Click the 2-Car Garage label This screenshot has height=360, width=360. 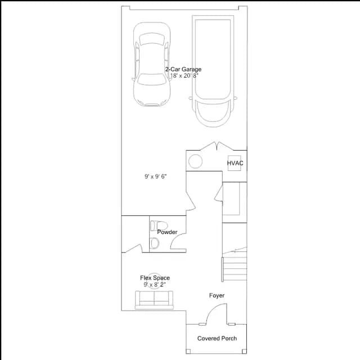point(183,69)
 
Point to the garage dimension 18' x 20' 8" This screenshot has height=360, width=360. point(184,76)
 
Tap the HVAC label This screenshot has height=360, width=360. point(235,163)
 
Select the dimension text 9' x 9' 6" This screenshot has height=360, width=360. point(155,177)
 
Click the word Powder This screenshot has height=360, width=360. point(167,232)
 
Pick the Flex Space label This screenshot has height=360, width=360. point(155,278)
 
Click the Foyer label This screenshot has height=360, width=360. point(217,295)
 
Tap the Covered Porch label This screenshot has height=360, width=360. point(217,339)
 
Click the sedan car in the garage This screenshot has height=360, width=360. point(152,64)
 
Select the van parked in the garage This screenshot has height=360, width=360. point(213,71)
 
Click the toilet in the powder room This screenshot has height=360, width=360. point(159,226)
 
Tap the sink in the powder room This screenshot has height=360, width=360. point(155,243)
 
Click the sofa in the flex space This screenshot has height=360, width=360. point(154,300)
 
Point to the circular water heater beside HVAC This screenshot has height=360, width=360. point(195,161)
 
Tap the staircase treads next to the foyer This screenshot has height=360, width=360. point(234,269)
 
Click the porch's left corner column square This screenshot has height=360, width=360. point(188,351)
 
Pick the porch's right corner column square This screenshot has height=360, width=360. point(245,351)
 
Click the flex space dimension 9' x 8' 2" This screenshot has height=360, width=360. point(155,285)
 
